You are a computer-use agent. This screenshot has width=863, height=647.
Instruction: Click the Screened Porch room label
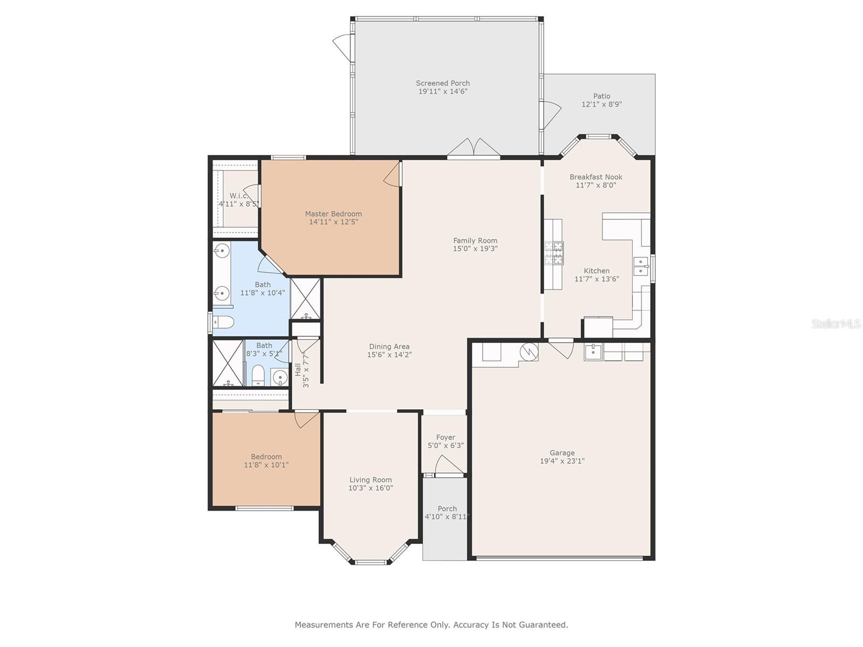(x=443, y=83)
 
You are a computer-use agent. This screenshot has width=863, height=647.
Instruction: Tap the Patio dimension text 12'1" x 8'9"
(x=601, y=104)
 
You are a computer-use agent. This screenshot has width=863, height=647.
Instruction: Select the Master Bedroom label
(x=333, y=214)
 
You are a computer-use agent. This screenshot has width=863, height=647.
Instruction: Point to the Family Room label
(x=475, y=240)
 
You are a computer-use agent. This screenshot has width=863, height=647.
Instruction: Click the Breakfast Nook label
(x=595, y=177)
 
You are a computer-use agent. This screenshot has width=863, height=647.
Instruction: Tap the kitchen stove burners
(x=554, y=252)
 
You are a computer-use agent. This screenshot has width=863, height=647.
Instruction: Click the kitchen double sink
(x=641, y=266)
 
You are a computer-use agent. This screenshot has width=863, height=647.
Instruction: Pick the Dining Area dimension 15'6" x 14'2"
(x=389, y=354)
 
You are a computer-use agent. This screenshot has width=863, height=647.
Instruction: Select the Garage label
(x=562, y=452)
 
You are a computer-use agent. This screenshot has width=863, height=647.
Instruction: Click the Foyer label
(x=446, y=437)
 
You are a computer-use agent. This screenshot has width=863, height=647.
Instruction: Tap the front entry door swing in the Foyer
(x=448, y=465)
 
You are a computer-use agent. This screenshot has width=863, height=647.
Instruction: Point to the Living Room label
(x=371, y=480)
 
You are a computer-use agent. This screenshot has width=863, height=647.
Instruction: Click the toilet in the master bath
(x=223, y=322)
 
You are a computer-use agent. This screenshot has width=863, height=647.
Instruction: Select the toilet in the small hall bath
(x=258, y=375)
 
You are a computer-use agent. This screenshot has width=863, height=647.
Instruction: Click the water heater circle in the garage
(x=529, y=352)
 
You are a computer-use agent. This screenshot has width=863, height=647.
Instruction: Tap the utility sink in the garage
(x=593, y=352)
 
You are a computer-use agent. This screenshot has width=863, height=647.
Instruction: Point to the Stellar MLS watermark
(x=836, y=323)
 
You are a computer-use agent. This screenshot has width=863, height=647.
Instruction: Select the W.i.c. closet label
(x=239, y=196)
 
